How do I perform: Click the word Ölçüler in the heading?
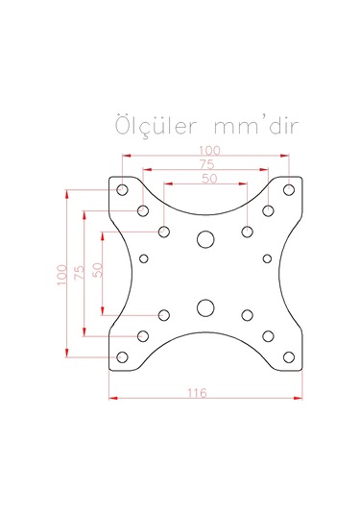(x=156, y=126)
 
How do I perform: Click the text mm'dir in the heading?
(x=256, y=126)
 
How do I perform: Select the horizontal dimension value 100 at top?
(x=209, y=151)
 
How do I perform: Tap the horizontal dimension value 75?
(x=206, y=164)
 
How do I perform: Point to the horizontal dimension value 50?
(x=209, y=179)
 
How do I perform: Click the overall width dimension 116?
(x=197, y=393)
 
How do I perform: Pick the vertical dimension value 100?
(x=61, y=275)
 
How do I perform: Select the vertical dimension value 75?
(x=80, y=273)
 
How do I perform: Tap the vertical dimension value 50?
(x=98, y=270)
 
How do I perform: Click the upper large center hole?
(x=205, y=239)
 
